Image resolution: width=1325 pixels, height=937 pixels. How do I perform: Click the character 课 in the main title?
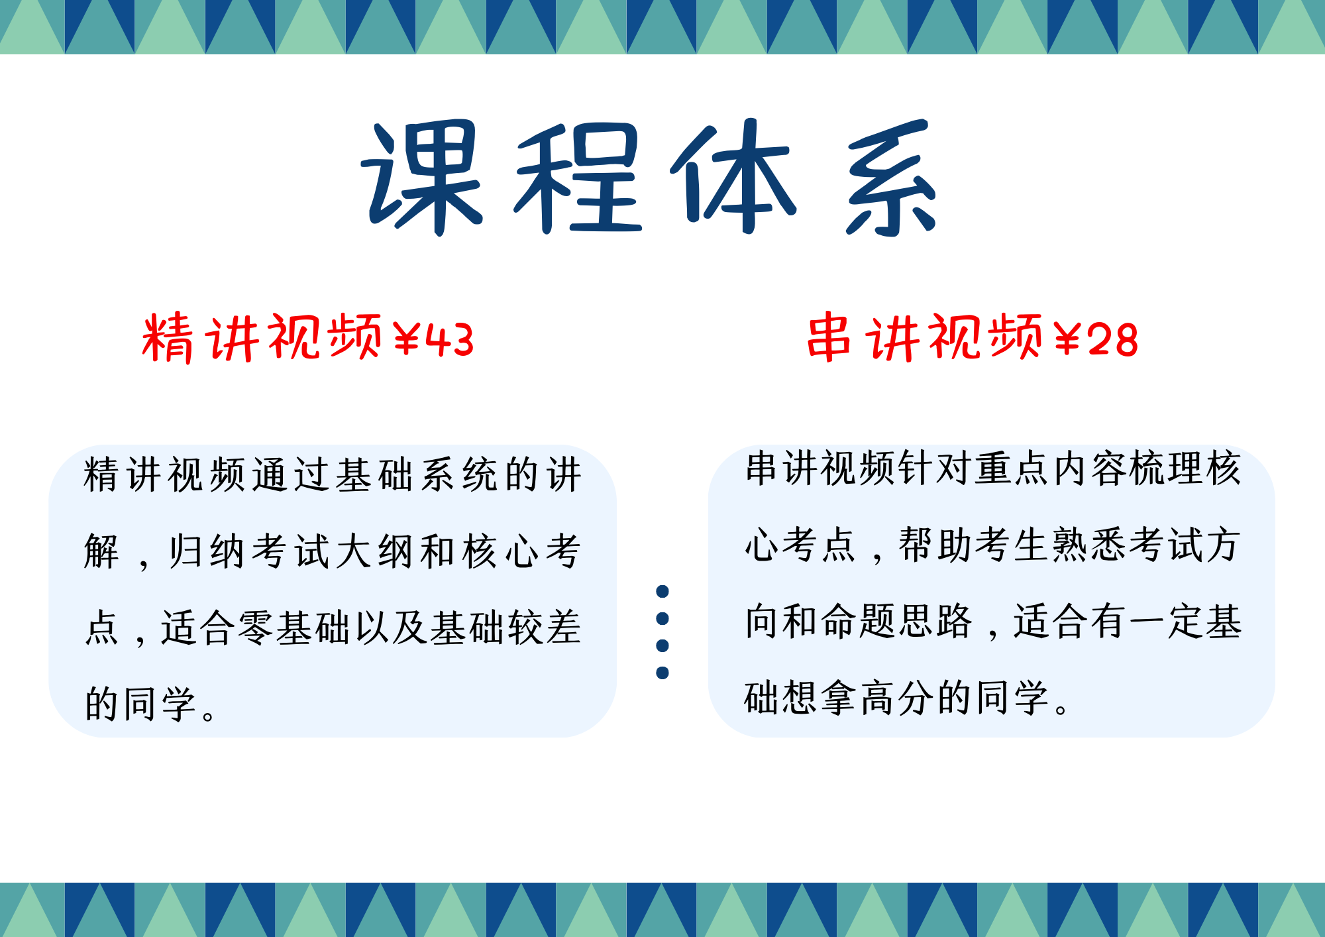point(422,178)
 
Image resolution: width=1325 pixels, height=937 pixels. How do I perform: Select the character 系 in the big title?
point(891,178)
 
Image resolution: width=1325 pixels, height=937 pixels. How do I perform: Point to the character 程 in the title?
point(578,178)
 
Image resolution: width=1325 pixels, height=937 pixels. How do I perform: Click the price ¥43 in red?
point(434,340)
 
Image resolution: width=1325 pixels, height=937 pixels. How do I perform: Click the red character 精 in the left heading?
point(168,338)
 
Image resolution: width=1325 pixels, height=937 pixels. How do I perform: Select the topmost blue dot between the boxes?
point(662,591)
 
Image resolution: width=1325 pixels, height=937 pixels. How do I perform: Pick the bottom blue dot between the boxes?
point(662,673)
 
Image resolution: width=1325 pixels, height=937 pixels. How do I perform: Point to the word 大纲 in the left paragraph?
point(374,551)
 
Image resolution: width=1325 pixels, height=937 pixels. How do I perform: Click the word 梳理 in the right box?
point(1167,468)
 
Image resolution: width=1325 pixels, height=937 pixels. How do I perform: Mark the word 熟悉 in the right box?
point(1090,545)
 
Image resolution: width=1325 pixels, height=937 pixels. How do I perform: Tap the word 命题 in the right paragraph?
point(860,622)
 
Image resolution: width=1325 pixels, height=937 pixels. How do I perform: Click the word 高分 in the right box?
point(898,698)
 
